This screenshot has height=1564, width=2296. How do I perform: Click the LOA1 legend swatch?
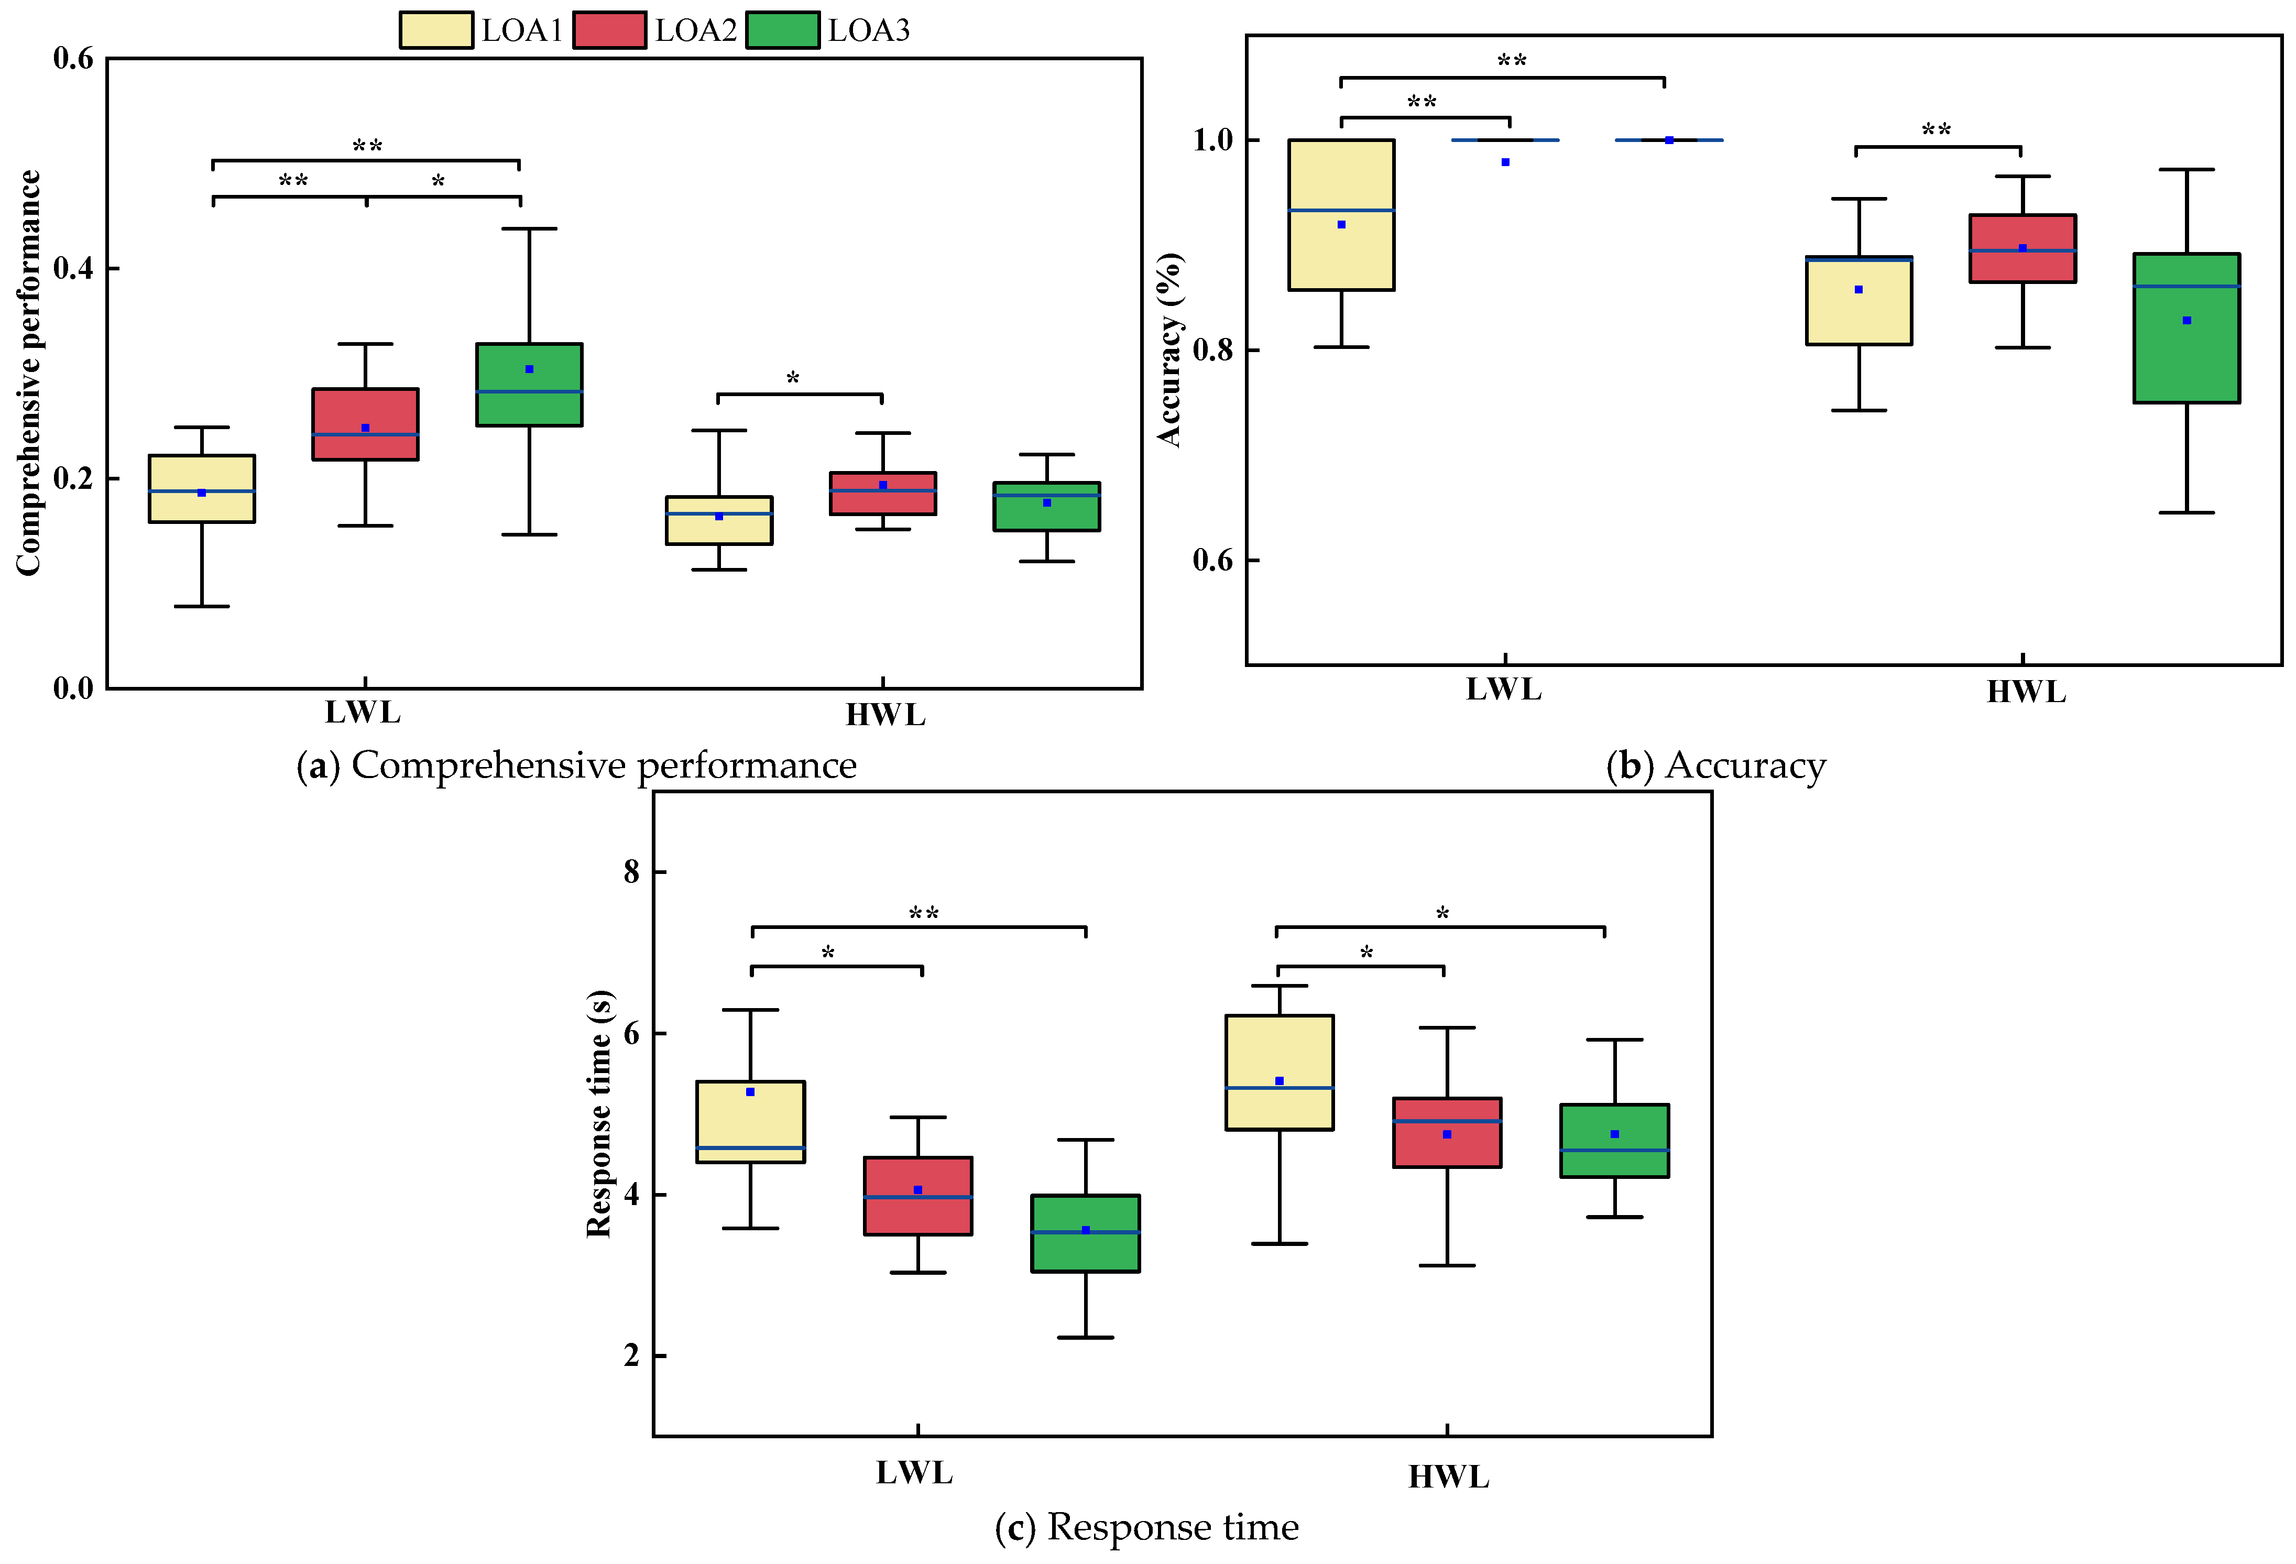click(436, 30)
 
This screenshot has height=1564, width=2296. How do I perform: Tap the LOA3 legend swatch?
click(782, 30)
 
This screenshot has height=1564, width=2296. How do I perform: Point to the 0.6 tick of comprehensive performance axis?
click(73, 58)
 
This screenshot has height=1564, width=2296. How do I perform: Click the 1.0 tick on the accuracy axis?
click(1213, 140)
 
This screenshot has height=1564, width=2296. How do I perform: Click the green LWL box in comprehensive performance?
click(530, 385)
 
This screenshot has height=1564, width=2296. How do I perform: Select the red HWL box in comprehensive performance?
click(883, 493)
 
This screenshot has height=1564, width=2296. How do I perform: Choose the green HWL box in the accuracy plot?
click(2186, 328)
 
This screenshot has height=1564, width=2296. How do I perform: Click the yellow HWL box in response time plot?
click(1280, 1072)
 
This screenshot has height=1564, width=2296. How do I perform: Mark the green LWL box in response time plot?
click(1086, 1233)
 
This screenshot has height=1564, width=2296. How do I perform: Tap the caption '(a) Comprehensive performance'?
click(577, 765)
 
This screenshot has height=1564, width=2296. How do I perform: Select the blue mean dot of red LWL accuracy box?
click(1506, 162)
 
